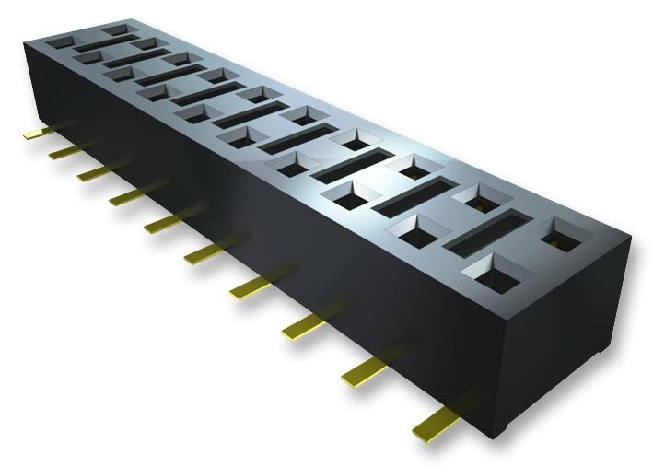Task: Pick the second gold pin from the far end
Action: (x=64, y=150)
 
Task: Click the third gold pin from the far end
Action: (x=92, y=172)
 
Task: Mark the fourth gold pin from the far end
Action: (x=124, y=196)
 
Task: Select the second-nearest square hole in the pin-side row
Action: (x=413, y=228)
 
